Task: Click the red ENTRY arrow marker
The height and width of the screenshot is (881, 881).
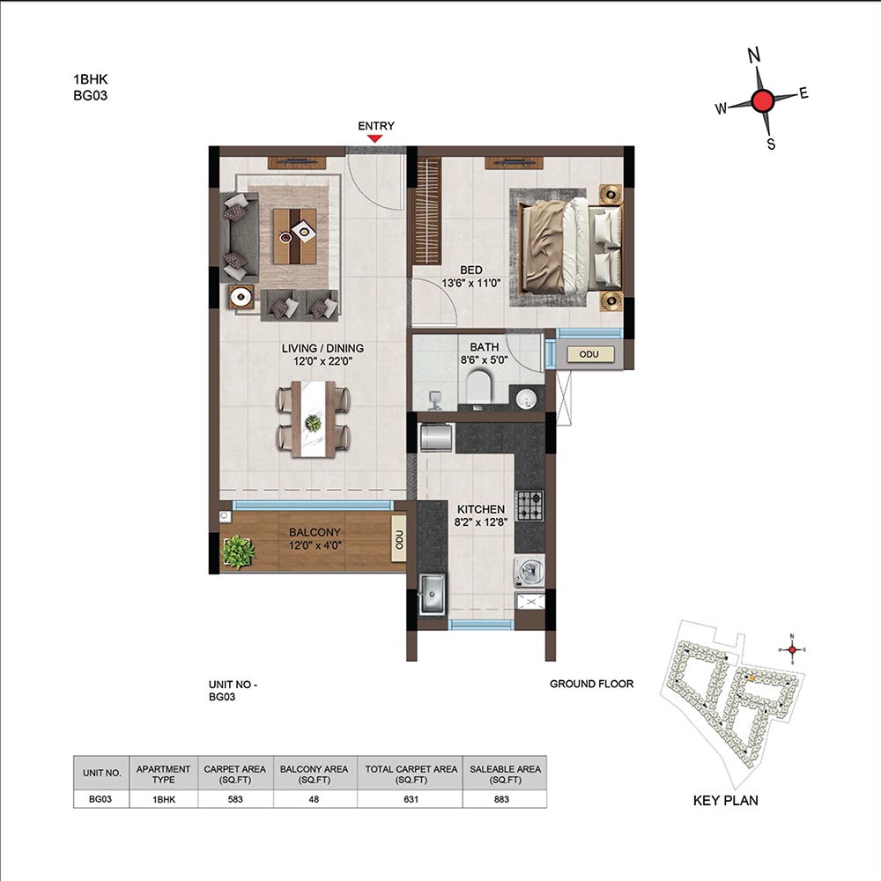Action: tap(374, 138)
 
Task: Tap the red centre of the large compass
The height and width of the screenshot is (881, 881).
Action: tap(762, 101)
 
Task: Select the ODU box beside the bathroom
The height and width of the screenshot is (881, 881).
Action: tap(589, 354)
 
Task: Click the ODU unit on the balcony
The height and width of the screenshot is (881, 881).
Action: tap(399, 539)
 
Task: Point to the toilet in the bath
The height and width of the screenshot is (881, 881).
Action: tap(478, 387)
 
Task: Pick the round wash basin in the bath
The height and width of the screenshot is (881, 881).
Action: tap(526, 399)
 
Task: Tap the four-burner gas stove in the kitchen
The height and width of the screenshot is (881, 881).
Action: tap(529, 505)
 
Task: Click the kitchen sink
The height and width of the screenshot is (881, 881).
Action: tap(433, 593)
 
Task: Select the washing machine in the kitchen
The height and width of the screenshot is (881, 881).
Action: tap(529, 572)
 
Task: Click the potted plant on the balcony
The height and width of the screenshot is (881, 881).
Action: tap(238, 552)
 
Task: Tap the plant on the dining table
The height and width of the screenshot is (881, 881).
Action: tap(313, 423)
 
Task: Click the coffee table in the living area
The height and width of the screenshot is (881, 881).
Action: tap(294, 236)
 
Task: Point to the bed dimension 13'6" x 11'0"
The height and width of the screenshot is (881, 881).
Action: tap(470, 283)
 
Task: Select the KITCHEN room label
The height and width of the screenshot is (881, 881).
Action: tap(481, 509)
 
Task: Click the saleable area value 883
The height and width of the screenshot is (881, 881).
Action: tap(501, 799)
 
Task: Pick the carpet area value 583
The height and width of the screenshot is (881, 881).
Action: tap(235, 799)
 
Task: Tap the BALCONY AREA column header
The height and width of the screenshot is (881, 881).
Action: tap(315, 774)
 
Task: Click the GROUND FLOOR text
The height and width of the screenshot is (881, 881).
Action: tap(592, 684)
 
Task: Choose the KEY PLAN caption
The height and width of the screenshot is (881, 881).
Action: tap(725, 801)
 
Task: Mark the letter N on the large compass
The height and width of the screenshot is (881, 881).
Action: tap(754, 55)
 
